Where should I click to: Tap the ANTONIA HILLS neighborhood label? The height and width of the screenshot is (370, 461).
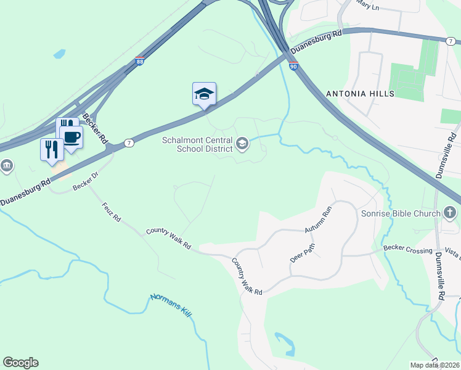coord(360,94)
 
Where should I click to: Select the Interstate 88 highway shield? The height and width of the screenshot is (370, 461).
coord(140,62)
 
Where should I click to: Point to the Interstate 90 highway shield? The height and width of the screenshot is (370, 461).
coord(294,65)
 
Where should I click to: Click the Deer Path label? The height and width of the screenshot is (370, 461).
coord(303,253)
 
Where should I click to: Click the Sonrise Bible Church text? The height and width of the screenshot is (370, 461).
coord(401,214)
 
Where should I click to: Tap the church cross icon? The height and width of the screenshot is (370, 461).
coord(451,213)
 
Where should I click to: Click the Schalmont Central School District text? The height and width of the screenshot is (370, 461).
coord(197,144)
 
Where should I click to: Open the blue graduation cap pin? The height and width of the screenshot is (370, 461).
coord(204,94)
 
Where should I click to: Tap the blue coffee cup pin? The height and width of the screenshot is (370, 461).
coord(71,137)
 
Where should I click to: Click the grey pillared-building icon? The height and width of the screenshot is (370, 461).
coord(7,165)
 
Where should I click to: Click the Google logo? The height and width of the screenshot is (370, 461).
coord(20,363)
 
